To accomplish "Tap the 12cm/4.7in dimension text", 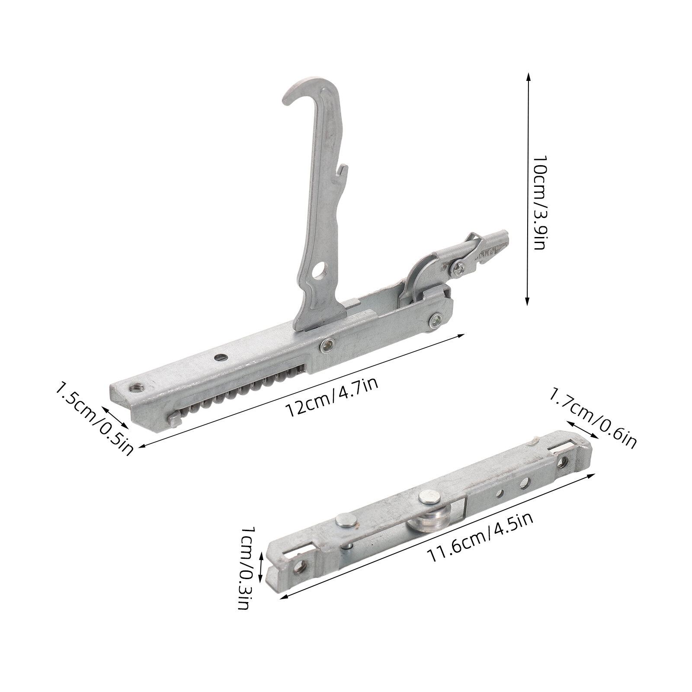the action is [x=333, y=397].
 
